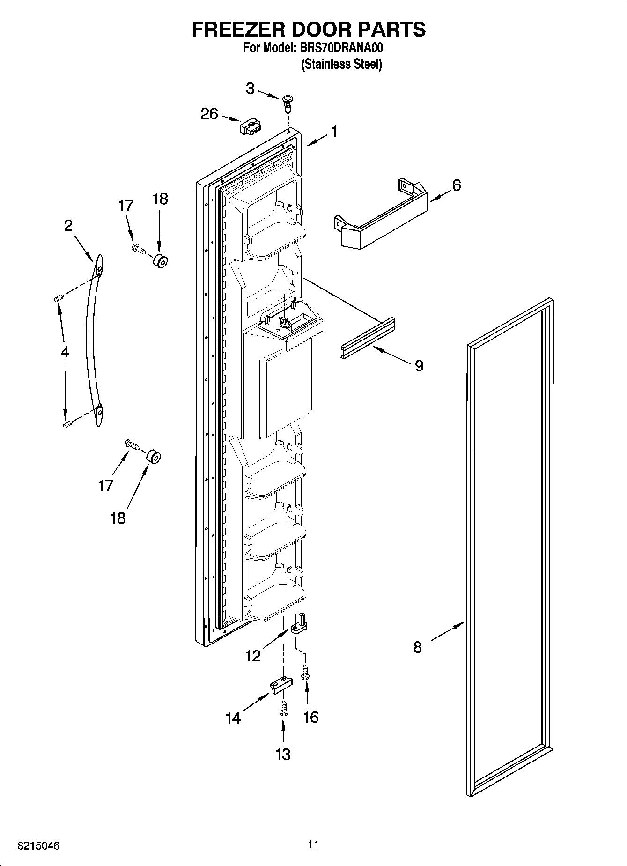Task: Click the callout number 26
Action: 209,114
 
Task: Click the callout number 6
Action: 456,185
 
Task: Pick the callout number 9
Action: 419,365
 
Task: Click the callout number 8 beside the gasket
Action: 417,647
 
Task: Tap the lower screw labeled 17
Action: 131,444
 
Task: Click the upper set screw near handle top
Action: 59,298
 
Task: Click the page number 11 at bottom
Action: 313,844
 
